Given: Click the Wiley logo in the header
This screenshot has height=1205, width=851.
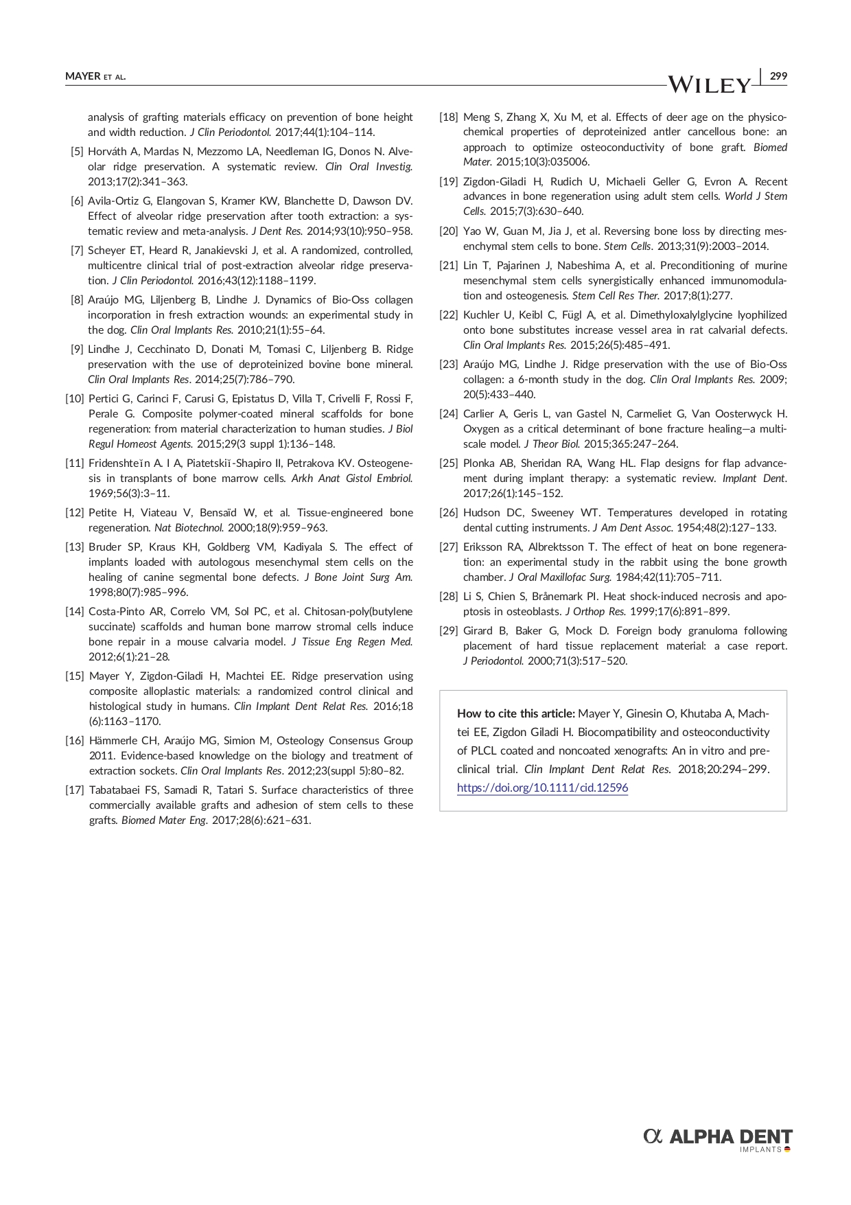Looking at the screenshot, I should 710,84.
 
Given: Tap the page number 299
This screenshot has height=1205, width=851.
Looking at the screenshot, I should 778,76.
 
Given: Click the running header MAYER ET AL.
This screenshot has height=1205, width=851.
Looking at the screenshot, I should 95,76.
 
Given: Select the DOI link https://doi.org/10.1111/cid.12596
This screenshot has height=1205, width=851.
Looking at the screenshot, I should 542,788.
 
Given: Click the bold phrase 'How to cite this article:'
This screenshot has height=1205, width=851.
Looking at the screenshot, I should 516,713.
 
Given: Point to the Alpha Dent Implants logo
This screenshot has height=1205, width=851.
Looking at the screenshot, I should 718,1139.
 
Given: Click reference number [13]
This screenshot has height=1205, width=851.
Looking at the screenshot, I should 74,547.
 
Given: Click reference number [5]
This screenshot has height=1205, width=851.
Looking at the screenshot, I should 77,152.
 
